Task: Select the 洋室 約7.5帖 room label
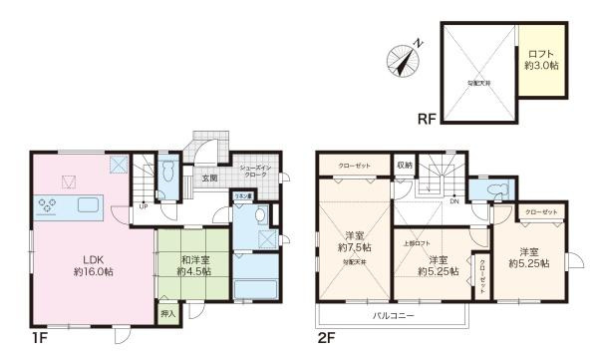coord(353,241)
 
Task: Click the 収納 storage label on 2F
coord(404,167)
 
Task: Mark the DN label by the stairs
coord(455,201)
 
